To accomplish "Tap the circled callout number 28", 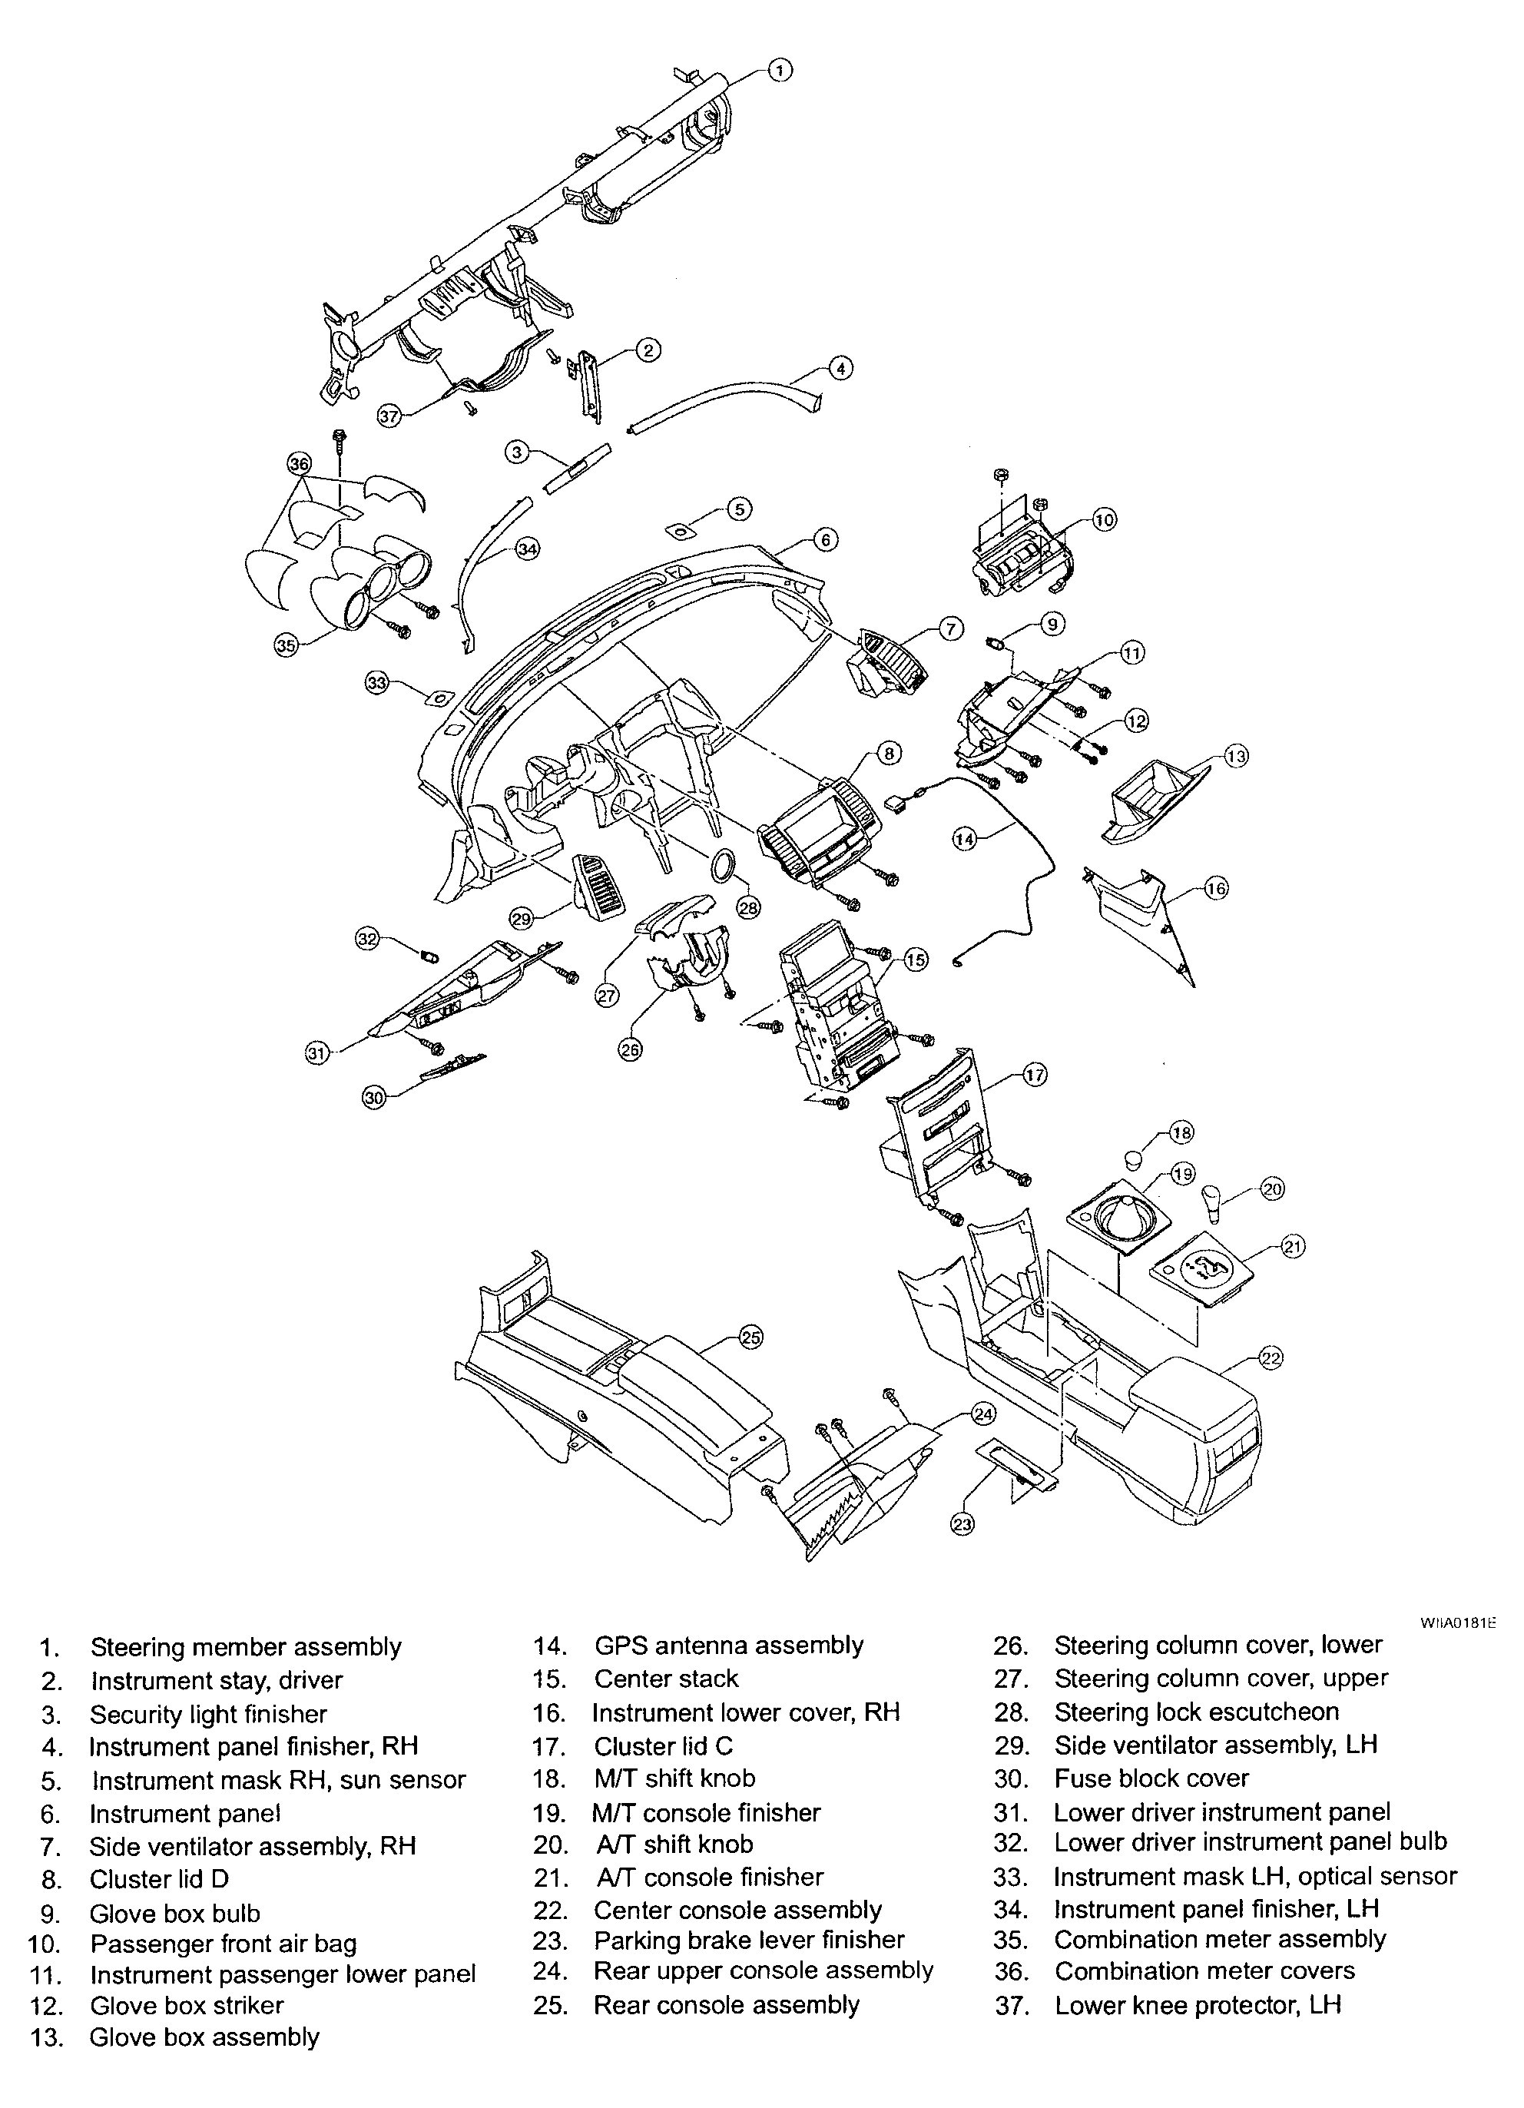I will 748,907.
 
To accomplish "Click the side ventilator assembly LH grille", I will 608,884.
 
